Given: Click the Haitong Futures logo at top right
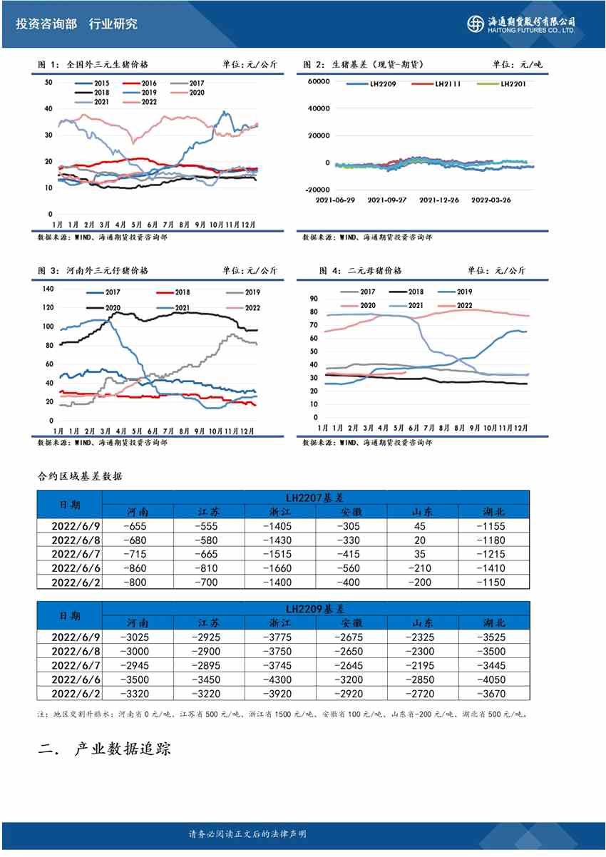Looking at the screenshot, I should [520, 24].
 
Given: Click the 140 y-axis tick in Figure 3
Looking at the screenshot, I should [48, 289].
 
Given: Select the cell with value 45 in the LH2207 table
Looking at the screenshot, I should [422, 526].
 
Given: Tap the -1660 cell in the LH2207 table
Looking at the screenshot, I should [279, 568].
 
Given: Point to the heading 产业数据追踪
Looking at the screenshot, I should [122, 749].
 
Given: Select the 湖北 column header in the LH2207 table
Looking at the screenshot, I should [493, 512].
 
